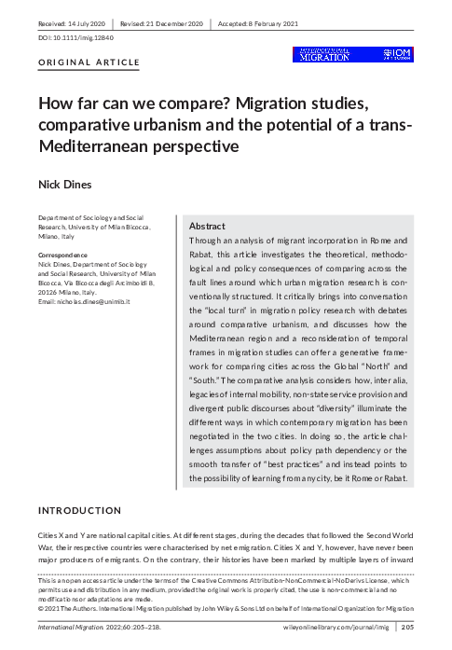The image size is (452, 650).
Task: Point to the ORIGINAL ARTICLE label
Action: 88,62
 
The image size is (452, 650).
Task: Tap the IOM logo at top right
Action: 396,54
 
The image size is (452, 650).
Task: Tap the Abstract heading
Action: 207,227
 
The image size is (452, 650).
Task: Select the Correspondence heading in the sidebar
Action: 62,255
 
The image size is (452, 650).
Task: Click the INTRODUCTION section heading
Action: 79,511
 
